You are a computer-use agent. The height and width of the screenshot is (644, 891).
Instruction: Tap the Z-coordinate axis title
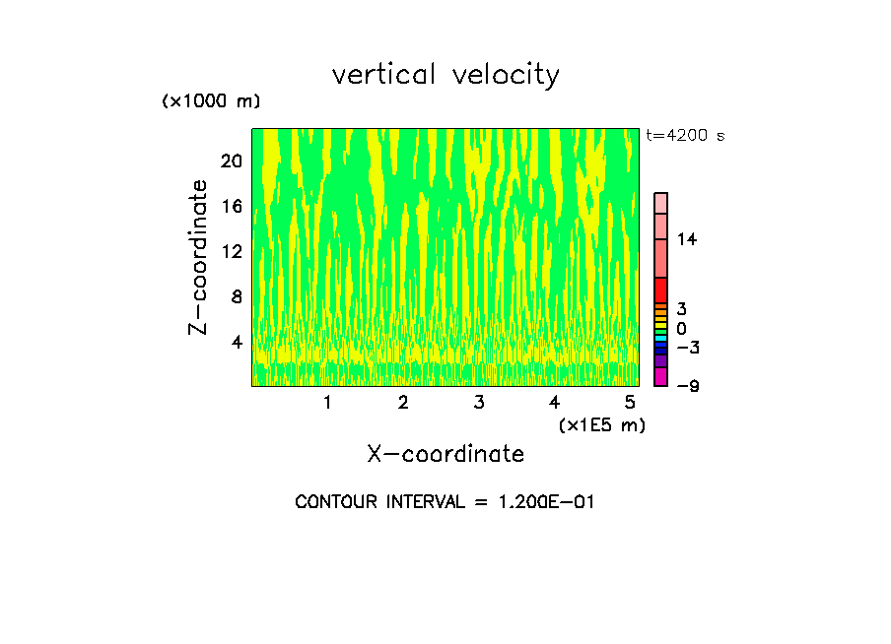coord(199,256)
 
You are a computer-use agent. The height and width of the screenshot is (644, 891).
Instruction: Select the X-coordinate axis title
coord(445,454)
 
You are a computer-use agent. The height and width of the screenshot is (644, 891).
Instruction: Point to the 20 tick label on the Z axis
coord(233,161)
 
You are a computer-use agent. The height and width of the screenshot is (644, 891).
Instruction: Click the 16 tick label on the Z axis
coord(233,207)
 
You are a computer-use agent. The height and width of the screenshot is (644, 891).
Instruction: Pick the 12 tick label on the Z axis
coord(233,252)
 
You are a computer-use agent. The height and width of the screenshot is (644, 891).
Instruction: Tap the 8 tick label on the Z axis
coord(237,296)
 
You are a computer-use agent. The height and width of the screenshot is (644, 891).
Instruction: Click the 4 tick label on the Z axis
coord(237,342)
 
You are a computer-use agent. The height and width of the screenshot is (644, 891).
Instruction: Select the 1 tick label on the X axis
coord(327,403)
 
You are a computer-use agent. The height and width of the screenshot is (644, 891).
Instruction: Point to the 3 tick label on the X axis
coord(479,403)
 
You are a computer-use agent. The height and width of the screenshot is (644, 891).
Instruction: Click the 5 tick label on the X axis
coord(630,403)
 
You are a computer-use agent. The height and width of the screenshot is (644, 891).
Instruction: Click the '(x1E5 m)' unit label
coord(601,425)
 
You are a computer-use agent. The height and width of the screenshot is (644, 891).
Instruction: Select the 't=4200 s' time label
coord(685,136)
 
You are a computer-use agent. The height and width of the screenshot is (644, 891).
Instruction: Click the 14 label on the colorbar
coord(686,239)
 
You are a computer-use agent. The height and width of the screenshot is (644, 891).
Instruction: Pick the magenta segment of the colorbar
coord(661,376)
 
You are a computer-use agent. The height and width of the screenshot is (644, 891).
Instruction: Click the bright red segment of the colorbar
coord(661,290)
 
